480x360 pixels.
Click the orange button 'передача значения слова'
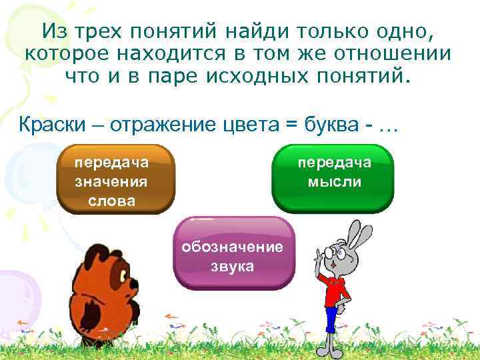point(112,180)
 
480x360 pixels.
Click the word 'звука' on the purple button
point(233,266)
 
